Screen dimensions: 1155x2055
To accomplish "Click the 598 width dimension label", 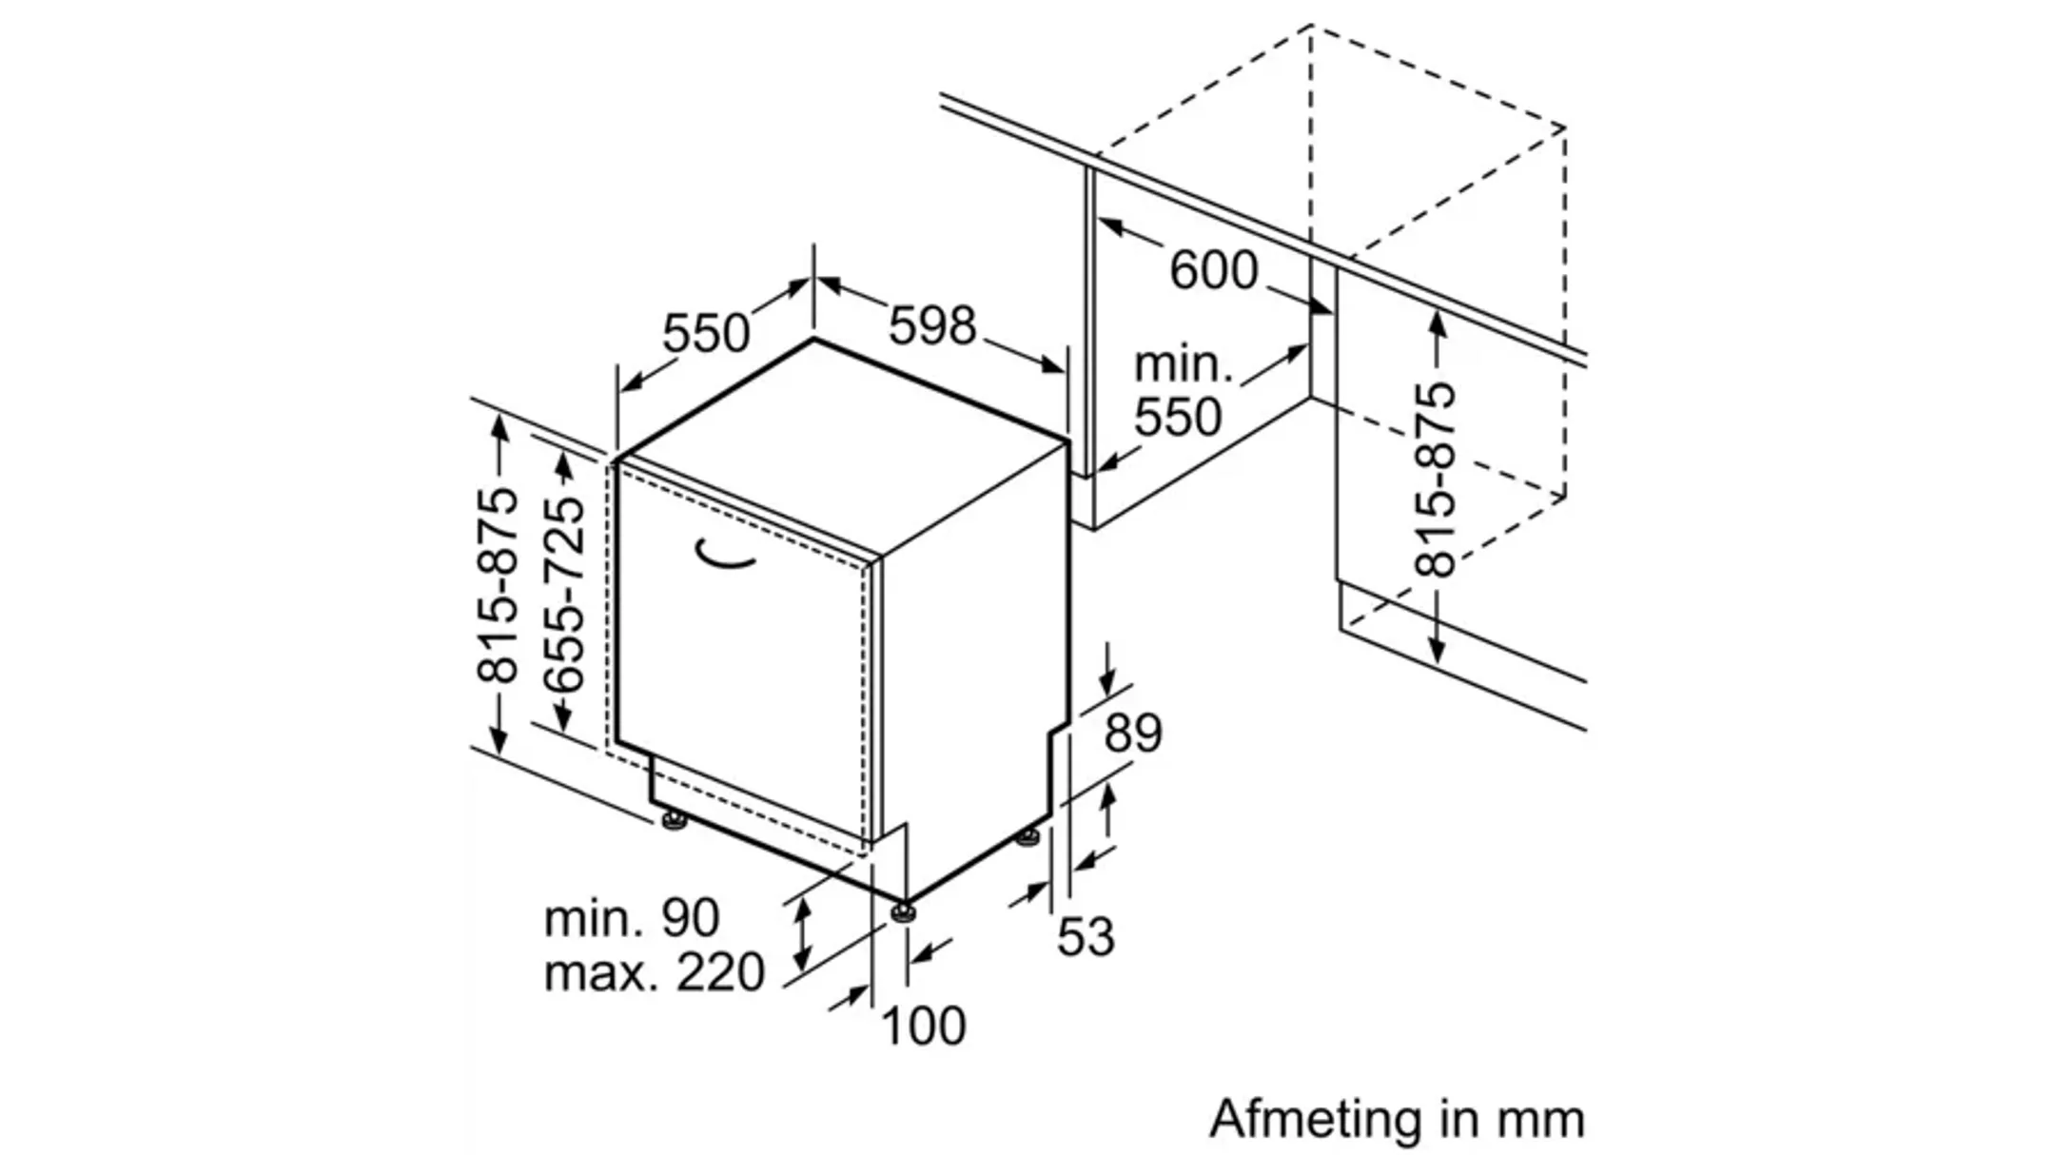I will pos(932,325).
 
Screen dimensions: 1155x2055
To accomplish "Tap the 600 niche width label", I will pos(1213,270).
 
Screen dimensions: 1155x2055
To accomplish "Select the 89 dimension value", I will pos(1133,734).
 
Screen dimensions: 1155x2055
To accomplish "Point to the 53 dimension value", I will pos(1086,936).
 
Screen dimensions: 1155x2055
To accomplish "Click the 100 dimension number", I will pos(924,1026).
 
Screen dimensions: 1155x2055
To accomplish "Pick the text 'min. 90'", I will pos(632,918).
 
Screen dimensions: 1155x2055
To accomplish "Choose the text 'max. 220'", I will pos(654,972).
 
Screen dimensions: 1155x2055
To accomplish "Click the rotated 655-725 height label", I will pos(563,595).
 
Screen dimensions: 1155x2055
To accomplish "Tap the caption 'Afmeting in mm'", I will pos(1397,1119).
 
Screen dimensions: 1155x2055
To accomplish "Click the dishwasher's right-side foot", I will pos(1027,838).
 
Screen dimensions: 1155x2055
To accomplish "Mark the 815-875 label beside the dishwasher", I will pos(499,586).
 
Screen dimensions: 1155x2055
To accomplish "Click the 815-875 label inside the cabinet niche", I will pos(1436,480).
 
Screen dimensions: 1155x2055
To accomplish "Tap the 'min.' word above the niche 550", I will pos(1183,365).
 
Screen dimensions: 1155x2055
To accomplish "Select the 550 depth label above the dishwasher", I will pos(706,333).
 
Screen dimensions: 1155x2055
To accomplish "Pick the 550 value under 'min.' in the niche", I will pos(1178,417).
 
